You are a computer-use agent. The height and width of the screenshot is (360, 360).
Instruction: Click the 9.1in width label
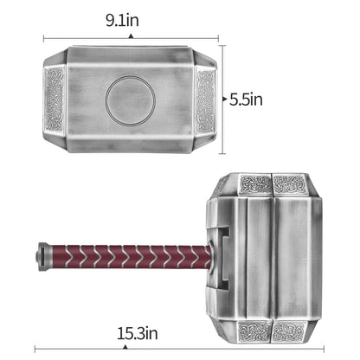[x=122, y=21]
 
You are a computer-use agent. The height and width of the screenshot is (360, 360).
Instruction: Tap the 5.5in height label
[x=246, y=100]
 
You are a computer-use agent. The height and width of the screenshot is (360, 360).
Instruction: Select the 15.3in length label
[x=138, y=333]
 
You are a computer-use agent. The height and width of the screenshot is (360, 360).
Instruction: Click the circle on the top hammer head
[x=130, y=100]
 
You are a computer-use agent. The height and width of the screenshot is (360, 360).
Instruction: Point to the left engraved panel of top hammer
[x=55, y=100]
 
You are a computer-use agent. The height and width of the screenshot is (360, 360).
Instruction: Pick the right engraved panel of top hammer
[x=205, y=100]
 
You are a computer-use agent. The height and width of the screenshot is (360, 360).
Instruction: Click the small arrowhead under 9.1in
[x=131, y=36]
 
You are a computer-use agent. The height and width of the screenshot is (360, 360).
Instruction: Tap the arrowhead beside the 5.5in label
[x=225, y=99]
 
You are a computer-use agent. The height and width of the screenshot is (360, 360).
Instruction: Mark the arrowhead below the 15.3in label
[x=125, y=347]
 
